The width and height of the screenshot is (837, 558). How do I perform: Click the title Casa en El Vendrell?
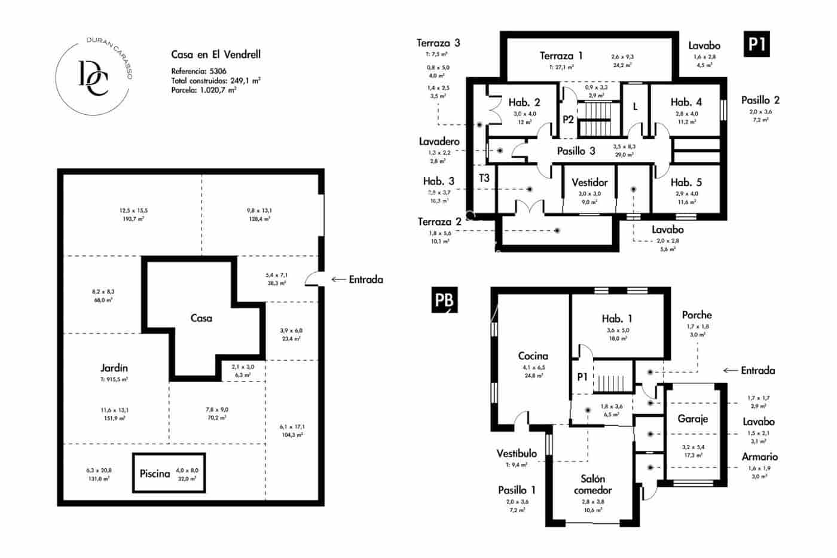216,54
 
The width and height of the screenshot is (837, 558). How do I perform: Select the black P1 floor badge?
757,45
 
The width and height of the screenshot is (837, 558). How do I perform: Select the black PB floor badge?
444,300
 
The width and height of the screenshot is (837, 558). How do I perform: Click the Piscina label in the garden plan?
155,474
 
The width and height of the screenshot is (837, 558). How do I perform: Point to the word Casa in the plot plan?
201,318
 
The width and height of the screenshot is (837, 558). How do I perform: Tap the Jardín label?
114,368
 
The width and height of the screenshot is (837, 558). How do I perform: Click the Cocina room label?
533,356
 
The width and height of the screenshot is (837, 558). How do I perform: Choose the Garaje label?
692,419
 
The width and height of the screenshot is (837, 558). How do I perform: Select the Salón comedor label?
592,484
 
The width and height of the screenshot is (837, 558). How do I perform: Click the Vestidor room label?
589,182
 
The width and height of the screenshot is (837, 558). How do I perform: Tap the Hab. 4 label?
686,102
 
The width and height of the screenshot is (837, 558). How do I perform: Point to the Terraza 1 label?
561,56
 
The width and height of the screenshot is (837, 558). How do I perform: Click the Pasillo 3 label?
576,151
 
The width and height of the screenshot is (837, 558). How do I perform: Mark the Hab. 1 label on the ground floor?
616,319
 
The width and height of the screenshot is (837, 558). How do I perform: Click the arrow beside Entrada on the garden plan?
338,279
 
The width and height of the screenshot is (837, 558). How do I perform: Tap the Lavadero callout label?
439,142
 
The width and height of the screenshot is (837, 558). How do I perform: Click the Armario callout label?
759,457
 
